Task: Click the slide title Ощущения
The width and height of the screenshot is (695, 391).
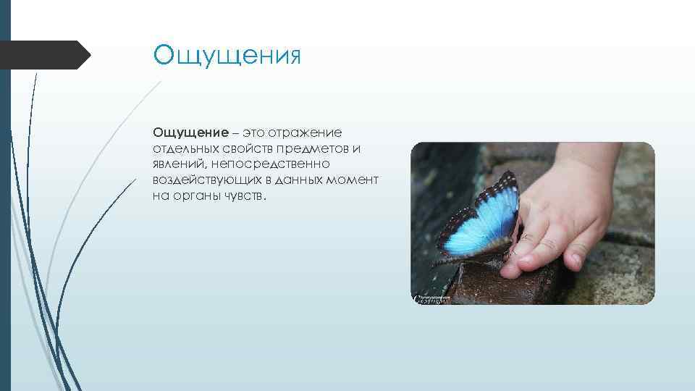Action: click(226, 56)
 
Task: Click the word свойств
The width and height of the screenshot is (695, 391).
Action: click(245, 148)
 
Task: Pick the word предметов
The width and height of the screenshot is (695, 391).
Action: click(313, 148)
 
